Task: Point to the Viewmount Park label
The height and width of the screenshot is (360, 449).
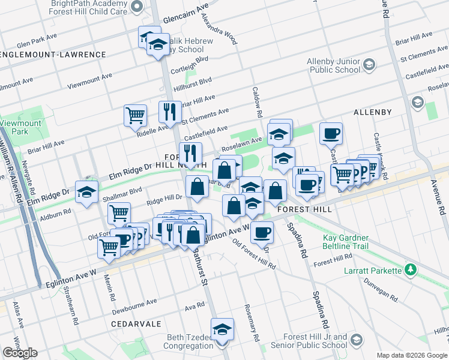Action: [x=14, y=127]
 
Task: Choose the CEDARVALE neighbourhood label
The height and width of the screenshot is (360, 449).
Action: [x=136, y=323]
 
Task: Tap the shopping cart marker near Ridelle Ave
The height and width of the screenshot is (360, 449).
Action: [x=136, y=115]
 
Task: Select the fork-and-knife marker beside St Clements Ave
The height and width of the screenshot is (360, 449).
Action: [x=170, y=111]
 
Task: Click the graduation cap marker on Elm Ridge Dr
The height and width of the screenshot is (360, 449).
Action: [x=87, y=193]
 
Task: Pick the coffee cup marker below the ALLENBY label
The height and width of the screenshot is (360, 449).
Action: [x=330, y=133]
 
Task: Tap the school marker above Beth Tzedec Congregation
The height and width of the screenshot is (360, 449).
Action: [x=222, y=329]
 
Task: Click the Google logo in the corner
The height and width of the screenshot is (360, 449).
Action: [x=20, y=353]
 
